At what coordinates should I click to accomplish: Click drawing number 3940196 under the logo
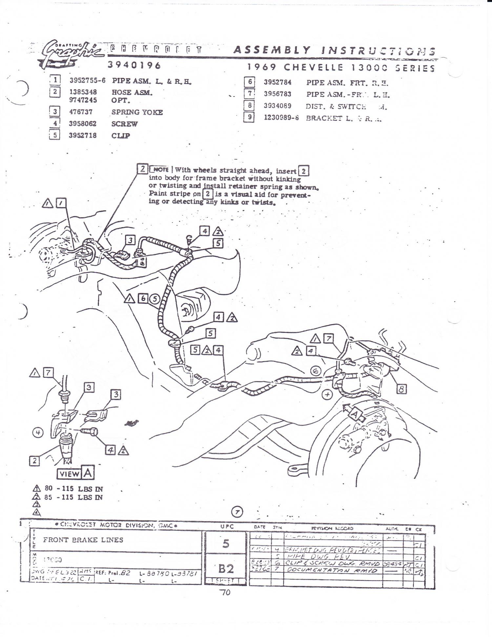click(x=134, y=65)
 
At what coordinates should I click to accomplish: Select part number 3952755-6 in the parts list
click(x=87, y=81)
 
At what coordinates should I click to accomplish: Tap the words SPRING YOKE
click(x=137, y=112)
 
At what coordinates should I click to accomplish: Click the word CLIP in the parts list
click(x=120, y=136)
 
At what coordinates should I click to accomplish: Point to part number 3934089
click(x=277, y=106)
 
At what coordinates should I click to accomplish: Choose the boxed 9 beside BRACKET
click(x=249, y=117)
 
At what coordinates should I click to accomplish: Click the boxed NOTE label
click(x=160, y=170)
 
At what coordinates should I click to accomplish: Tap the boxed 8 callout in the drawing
click(x=401, y=389)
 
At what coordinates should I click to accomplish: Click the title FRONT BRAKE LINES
click(x=83, y=540)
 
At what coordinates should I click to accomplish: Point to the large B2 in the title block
click(x=226, y=568)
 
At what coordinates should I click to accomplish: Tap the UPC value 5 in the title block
click(x=226, y=543)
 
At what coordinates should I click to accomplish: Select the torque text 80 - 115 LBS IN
click(x=73, y=489)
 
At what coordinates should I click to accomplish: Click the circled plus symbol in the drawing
click(x=327, y=394)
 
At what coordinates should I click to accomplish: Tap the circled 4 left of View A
click(x=38, y=433)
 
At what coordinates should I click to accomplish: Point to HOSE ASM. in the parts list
click(x=132, y=93)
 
